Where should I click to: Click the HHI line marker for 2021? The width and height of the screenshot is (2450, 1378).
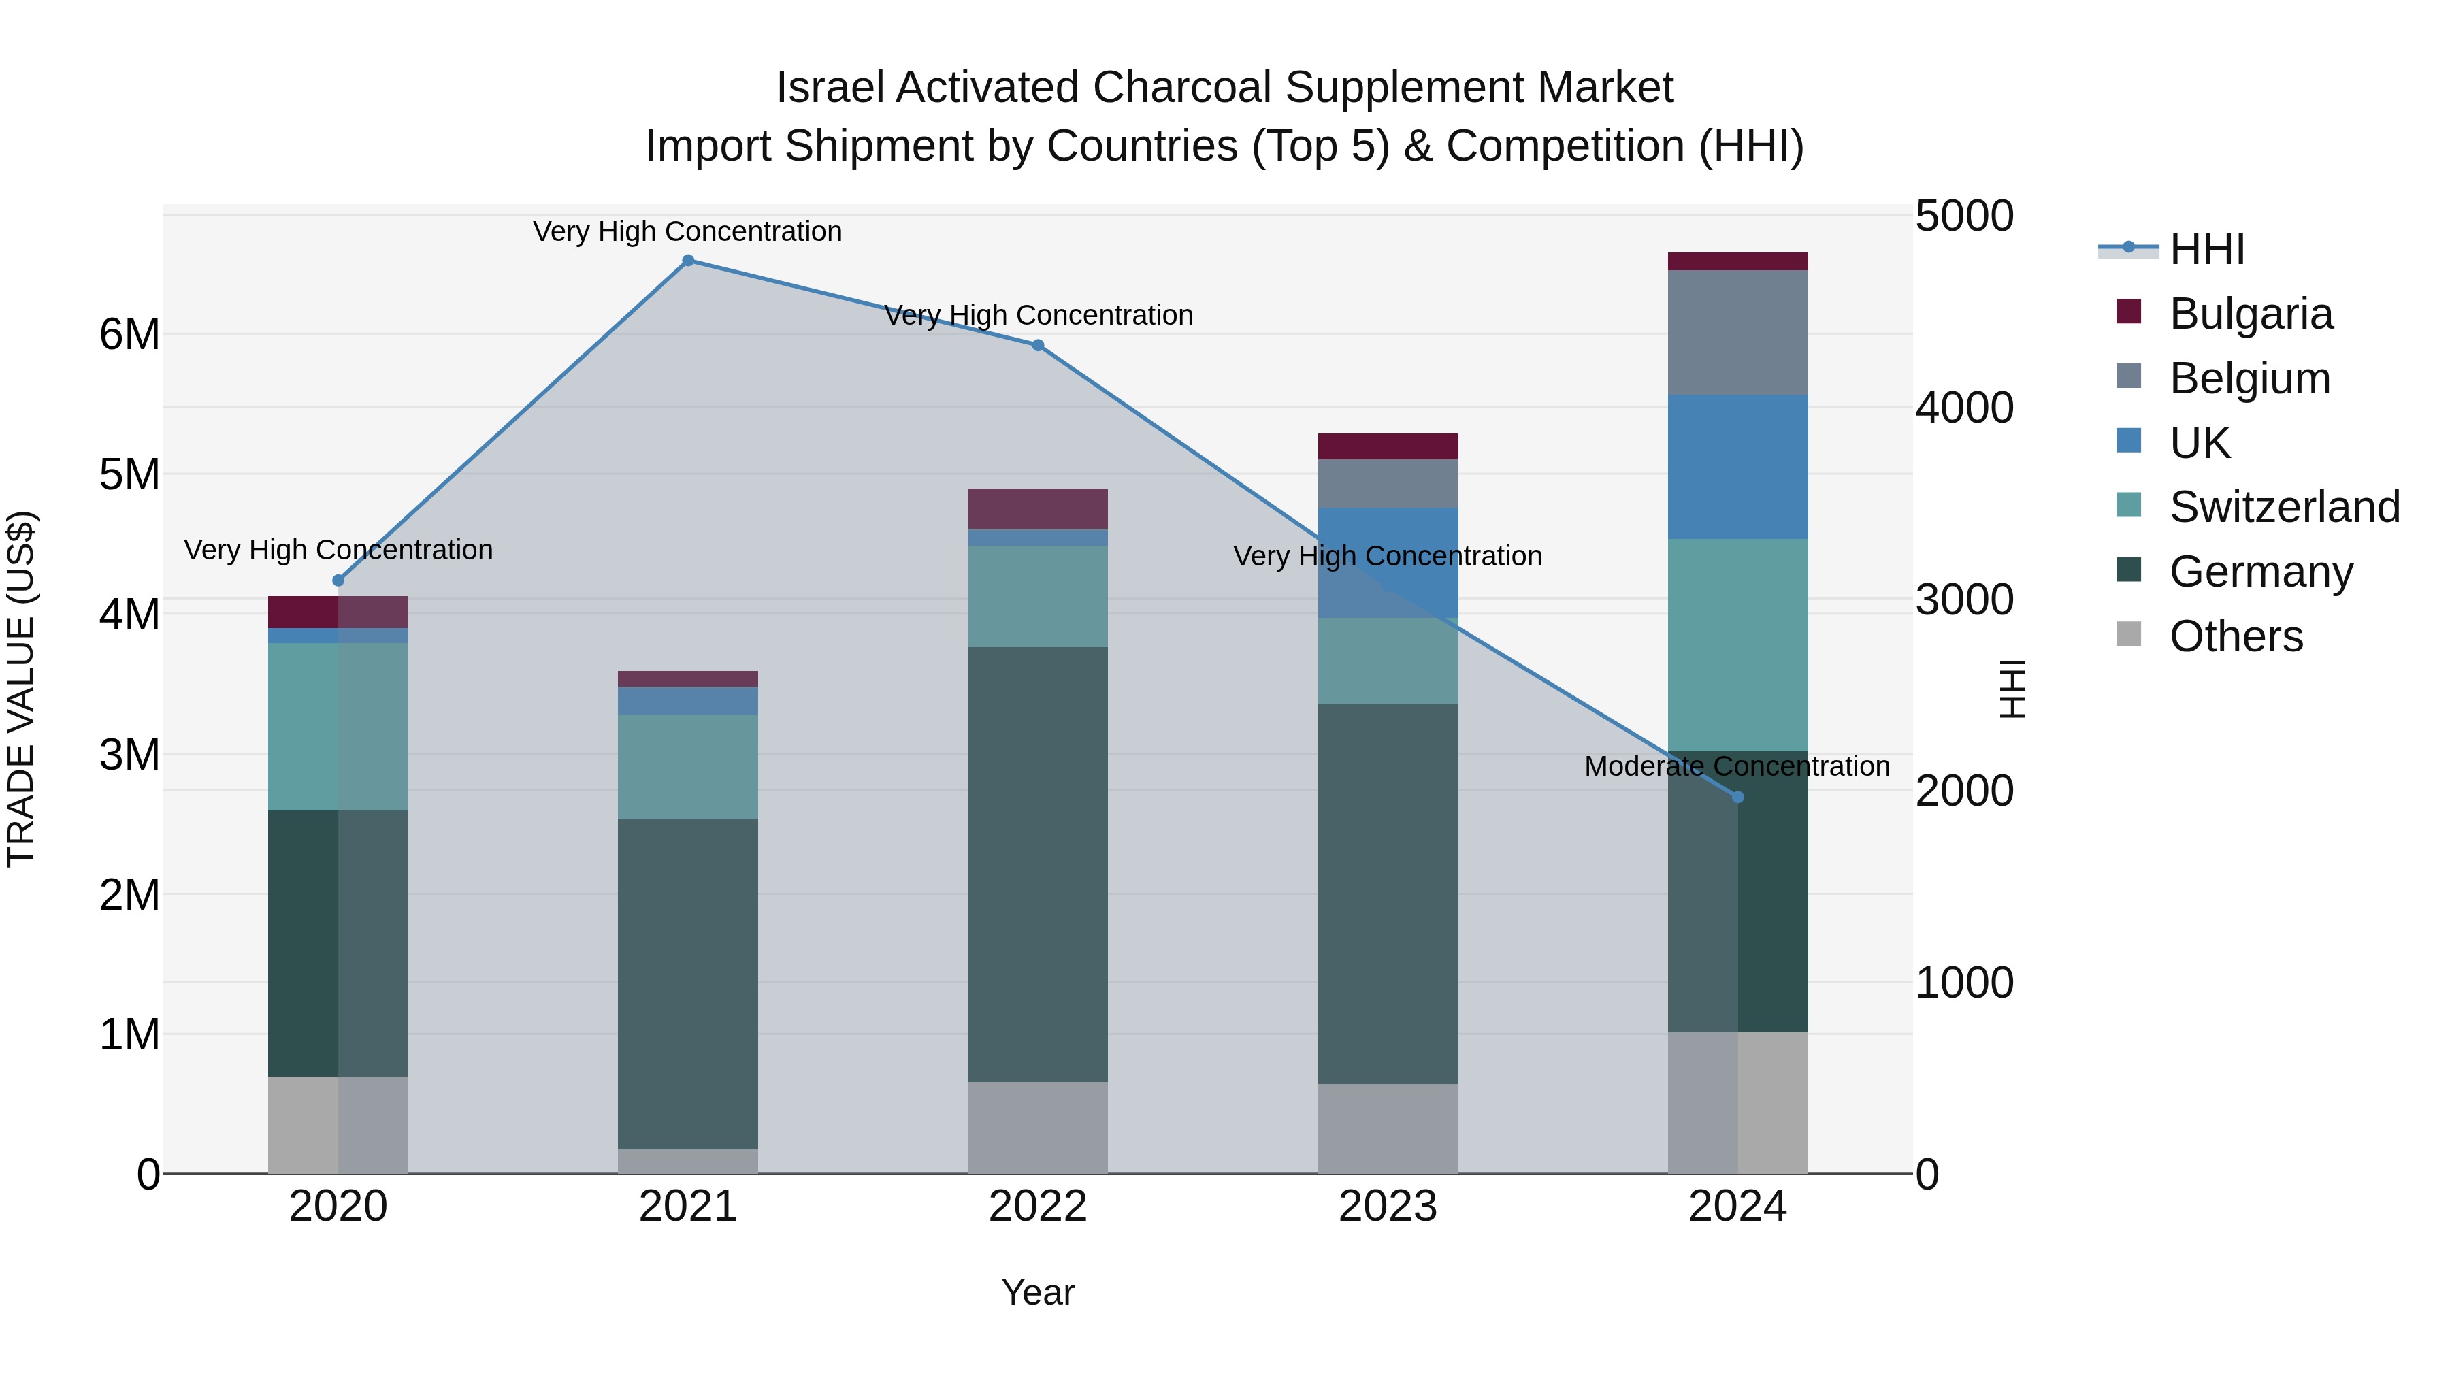click(x=687, y=261)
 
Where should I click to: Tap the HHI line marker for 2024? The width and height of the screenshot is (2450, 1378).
click(x=1737, y=797)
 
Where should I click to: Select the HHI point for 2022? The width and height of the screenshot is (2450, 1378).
click(x=1038, y=345)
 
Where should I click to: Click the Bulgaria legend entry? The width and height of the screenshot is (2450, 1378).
click(x=2251, y=314)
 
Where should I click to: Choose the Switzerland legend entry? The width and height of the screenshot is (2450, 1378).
click(x=2283, y=507)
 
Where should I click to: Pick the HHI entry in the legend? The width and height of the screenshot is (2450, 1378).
click(x=2206, y=249)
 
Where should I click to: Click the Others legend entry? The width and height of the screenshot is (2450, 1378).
click(x=2235, y=636)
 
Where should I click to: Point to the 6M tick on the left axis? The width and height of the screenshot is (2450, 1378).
click(x=129, y=335)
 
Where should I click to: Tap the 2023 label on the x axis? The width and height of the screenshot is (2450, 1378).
click(x=1388, y=1207)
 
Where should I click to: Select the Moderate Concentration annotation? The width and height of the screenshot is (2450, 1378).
click(x=1737, y=766)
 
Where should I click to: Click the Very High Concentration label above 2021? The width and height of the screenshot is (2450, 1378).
click(x=687, y=232)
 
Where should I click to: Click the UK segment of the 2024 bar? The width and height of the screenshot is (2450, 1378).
click(x=1737, y=467)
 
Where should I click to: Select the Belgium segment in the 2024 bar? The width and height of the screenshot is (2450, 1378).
click(x=1737, y=333)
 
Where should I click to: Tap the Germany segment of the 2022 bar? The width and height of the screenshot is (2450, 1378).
click(x=1038, y=864)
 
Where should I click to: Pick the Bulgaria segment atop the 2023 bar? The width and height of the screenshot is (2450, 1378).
click(x=1388, y=446)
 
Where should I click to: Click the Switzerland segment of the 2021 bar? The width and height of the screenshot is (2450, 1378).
click(x=687, y=766)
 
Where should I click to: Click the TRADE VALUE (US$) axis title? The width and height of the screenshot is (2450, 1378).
click(x=21, y=689)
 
